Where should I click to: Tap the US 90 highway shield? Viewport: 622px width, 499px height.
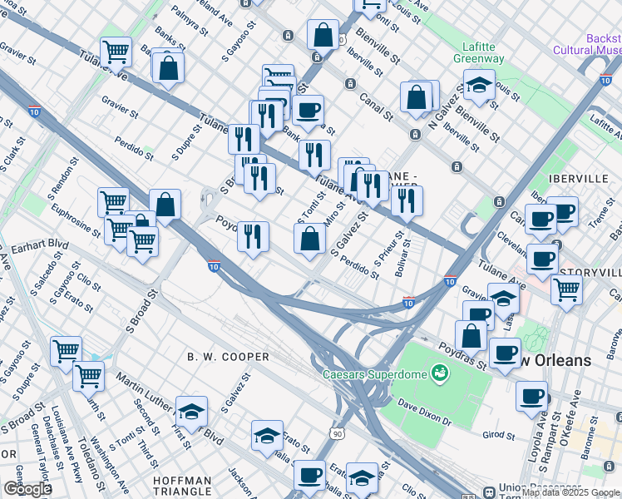(x=336, y=433)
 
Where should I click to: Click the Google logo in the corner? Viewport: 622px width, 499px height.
(x=27, y=488)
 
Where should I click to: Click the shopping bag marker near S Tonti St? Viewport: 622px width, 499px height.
(x=309, y=240)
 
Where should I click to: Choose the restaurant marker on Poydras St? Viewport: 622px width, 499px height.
(x=253, y=236)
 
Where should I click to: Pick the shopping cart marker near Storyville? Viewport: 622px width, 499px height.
(x=566, y=290)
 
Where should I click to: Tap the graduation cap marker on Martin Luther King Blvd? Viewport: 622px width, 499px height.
(x=191, y=412)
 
